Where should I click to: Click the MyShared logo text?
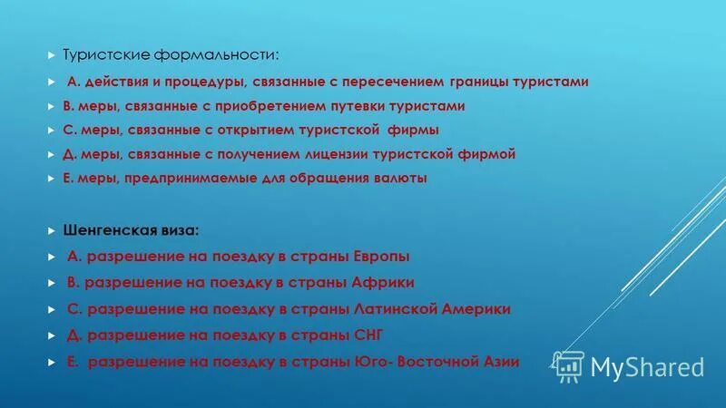click(647, 366)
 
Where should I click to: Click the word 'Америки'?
click(476, 308)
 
